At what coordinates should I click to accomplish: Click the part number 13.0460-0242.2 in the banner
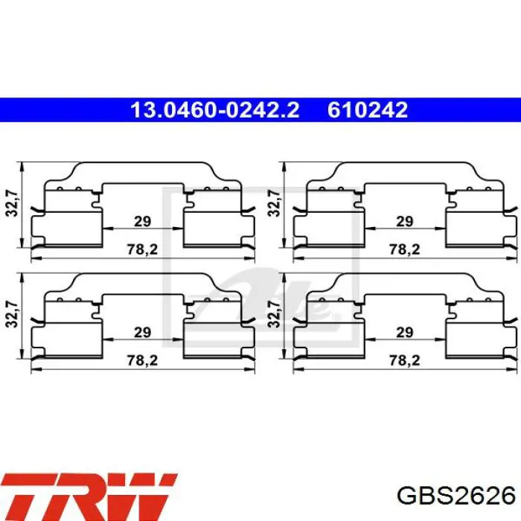215,110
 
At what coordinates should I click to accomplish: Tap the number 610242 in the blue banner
368,110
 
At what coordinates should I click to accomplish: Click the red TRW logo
89,497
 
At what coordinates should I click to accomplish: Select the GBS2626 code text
456,496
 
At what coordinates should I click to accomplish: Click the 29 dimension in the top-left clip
143,221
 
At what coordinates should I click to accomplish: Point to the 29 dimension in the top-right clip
405,221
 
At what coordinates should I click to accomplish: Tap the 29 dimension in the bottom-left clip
143,332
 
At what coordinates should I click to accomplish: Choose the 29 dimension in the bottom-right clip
405,332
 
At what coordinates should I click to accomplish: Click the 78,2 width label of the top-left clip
143,249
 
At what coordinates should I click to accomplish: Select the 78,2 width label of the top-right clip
405,249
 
